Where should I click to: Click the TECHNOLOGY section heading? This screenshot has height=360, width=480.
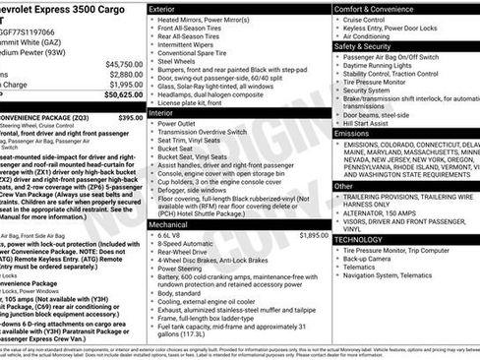click(359, 239)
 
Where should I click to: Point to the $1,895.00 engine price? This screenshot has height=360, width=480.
click(313, 236)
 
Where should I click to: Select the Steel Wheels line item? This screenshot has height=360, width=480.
click(183, 61)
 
